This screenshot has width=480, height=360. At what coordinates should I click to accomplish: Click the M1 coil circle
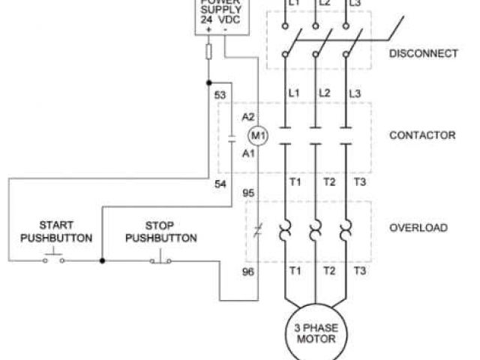tap(258, 136)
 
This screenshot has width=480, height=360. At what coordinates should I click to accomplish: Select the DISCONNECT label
tap(423, 53)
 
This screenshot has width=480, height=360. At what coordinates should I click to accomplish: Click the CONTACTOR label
tap(422, 136)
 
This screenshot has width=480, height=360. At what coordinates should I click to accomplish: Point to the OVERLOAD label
tap(418, 227)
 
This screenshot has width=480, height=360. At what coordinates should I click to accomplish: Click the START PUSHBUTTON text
tap(56, 232)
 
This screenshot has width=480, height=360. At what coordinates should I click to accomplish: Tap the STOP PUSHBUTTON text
tap(160, 232)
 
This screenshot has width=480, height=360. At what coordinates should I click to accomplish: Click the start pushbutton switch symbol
tap(54, 259)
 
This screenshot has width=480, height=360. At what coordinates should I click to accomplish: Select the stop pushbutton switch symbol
tap(160, 259)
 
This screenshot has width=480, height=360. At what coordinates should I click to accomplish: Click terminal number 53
tap(220, 95)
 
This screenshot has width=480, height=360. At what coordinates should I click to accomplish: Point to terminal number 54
tap(220, 184)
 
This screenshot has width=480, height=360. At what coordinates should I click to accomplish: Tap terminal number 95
tap(248, 193)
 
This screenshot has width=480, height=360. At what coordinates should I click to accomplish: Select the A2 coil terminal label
tap(248, 118)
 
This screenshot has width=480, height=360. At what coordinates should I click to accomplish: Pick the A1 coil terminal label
tap(248, 153)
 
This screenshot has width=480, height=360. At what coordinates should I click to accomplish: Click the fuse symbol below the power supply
tap(208, 51)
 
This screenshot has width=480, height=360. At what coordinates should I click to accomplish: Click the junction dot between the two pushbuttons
tap(102, 261)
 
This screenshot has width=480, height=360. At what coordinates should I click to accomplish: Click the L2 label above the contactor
tap(324, 93)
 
